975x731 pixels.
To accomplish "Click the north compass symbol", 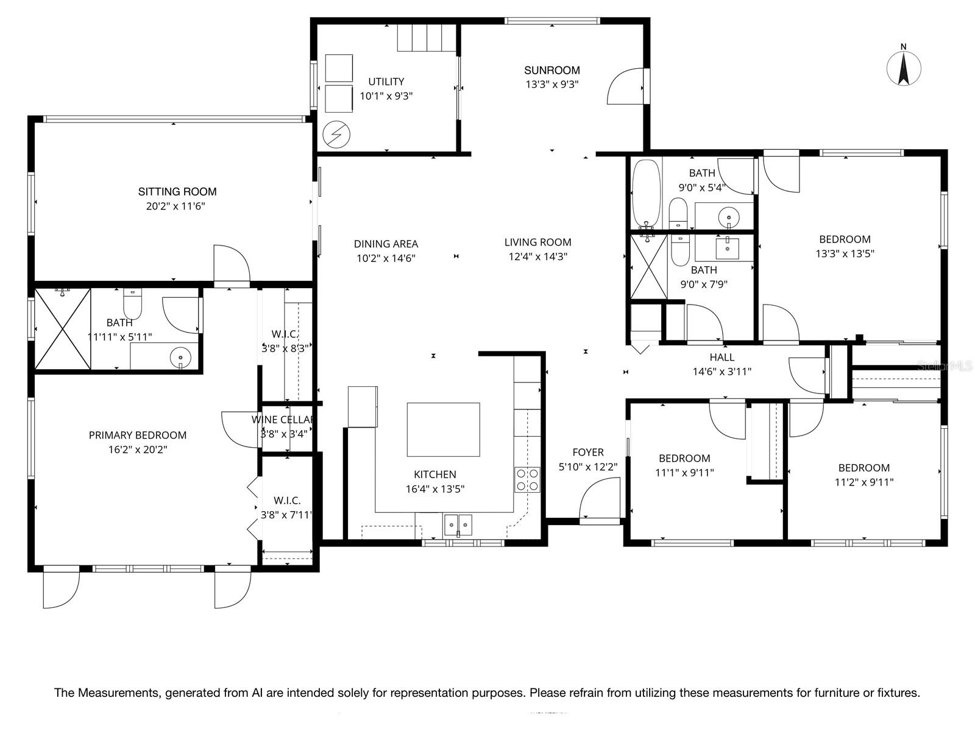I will [904, 68].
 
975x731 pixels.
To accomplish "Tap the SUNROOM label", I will [551, 70].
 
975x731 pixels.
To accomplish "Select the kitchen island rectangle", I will [443, 429].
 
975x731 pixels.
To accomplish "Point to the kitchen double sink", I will [458, 524].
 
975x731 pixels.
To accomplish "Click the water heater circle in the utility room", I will [336, 135].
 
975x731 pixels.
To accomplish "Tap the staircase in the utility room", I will [427, 38].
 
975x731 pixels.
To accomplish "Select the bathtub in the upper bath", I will [646, 193].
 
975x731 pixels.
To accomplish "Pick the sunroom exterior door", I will [626, 87].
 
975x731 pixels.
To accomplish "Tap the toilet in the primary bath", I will [132, 303].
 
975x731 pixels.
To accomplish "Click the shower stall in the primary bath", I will [62, 329].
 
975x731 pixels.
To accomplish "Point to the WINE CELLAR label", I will [283, 420].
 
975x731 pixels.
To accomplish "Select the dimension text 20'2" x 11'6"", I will [175, 206].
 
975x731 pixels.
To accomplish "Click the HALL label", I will [721, 357].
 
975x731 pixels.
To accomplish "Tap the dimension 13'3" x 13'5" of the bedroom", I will [845, 253].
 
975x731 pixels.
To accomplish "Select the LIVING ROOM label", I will [537, 242].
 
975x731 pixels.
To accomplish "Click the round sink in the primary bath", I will [180, 358].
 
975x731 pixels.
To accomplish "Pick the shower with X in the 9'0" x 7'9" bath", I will [648, 267].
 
